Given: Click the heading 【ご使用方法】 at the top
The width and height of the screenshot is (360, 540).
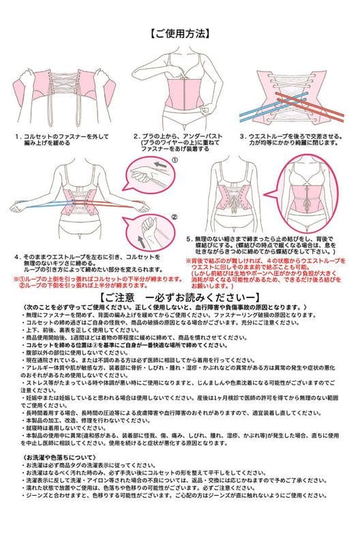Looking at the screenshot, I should [179, 32].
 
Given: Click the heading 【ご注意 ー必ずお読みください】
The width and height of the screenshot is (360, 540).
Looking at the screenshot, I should [179, 298].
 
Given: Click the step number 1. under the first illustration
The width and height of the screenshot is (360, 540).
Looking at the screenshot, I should [17, 136].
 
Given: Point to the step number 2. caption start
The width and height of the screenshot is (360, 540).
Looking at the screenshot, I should [136, 136].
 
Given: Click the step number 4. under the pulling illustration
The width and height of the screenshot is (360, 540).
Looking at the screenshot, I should [16, 257].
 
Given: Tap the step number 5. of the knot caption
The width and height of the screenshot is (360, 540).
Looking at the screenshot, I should [190, 239].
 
